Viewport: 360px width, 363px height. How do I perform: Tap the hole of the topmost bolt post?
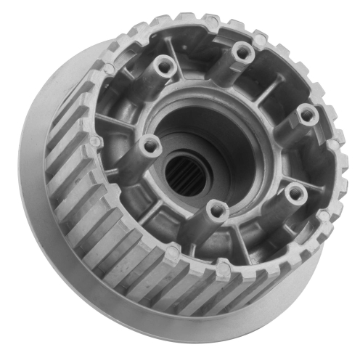coord(242,53)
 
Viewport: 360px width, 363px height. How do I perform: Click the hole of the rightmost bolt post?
coord(308,113)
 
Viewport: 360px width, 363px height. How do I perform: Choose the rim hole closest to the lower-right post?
coord(320,217)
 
